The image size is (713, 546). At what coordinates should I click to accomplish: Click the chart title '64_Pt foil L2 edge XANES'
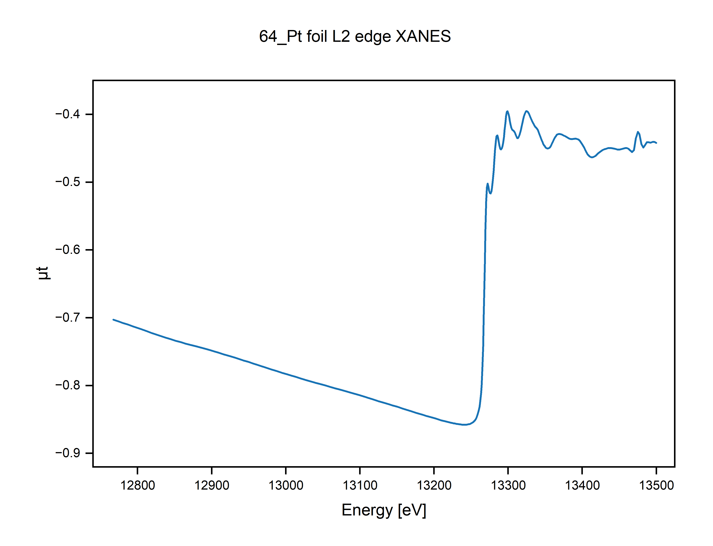(x=355, y=36)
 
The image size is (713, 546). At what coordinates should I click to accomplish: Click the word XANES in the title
(x=423, y=36)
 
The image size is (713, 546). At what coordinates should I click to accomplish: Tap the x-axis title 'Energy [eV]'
(x=384, y=510)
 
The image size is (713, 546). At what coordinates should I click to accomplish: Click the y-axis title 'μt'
(x=43, y=273)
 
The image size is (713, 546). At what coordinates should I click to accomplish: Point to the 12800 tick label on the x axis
(x=137, y=485)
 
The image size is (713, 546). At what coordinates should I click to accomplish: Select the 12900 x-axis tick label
(x=212, y=485)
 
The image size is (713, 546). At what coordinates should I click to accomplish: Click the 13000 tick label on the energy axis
(x=286, y=485)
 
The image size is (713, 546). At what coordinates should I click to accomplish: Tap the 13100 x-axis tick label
(x=360, y=485)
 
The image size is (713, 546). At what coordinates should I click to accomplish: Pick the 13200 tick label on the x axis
(x=434, y=485)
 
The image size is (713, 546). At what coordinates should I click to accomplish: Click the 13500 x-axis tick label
(x=656, y=485)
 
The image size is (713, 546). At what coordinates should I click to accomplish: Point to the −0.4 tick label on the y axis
(x=68, y=114)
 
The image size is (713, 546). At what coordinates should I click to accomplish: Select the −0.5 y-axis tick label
(x=68, y=182)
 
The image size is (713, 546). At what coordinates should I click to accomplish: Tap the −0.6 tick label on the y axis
(x=68, y=250)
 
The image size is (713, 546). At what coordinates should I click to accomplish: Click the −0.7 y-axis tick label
(x=68, y=318)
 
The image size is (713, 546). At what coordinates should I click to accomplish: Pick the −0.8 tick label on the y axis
(x=68, y=385)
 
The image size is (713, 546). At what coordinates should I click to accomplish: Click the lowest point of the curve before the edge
(x=465, y=425)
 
